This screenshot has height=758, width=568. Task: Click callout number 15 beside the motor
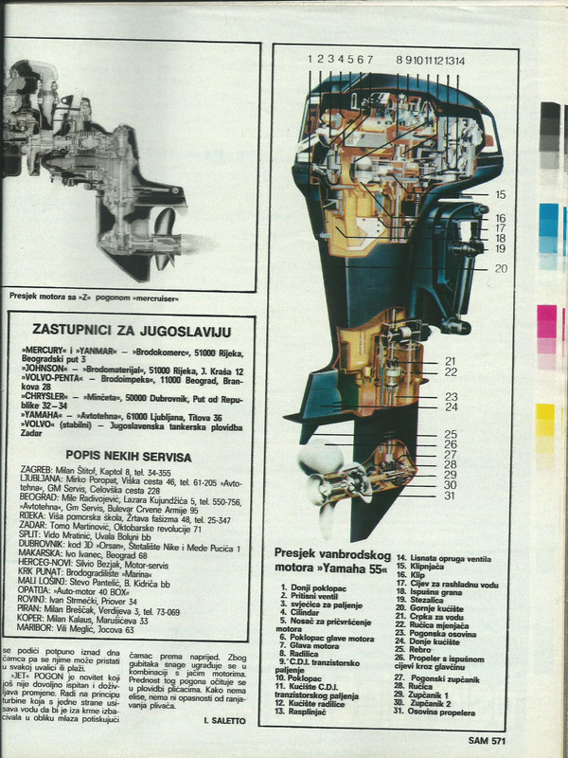tap(500, 194)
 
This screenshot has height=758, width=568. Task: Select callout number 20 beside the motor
tap(501, 268)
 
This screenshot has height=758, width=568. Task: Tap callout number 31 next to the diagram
tap(450, 495)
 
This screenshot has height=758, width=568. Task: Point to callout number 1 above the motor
tap(310, 60)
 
